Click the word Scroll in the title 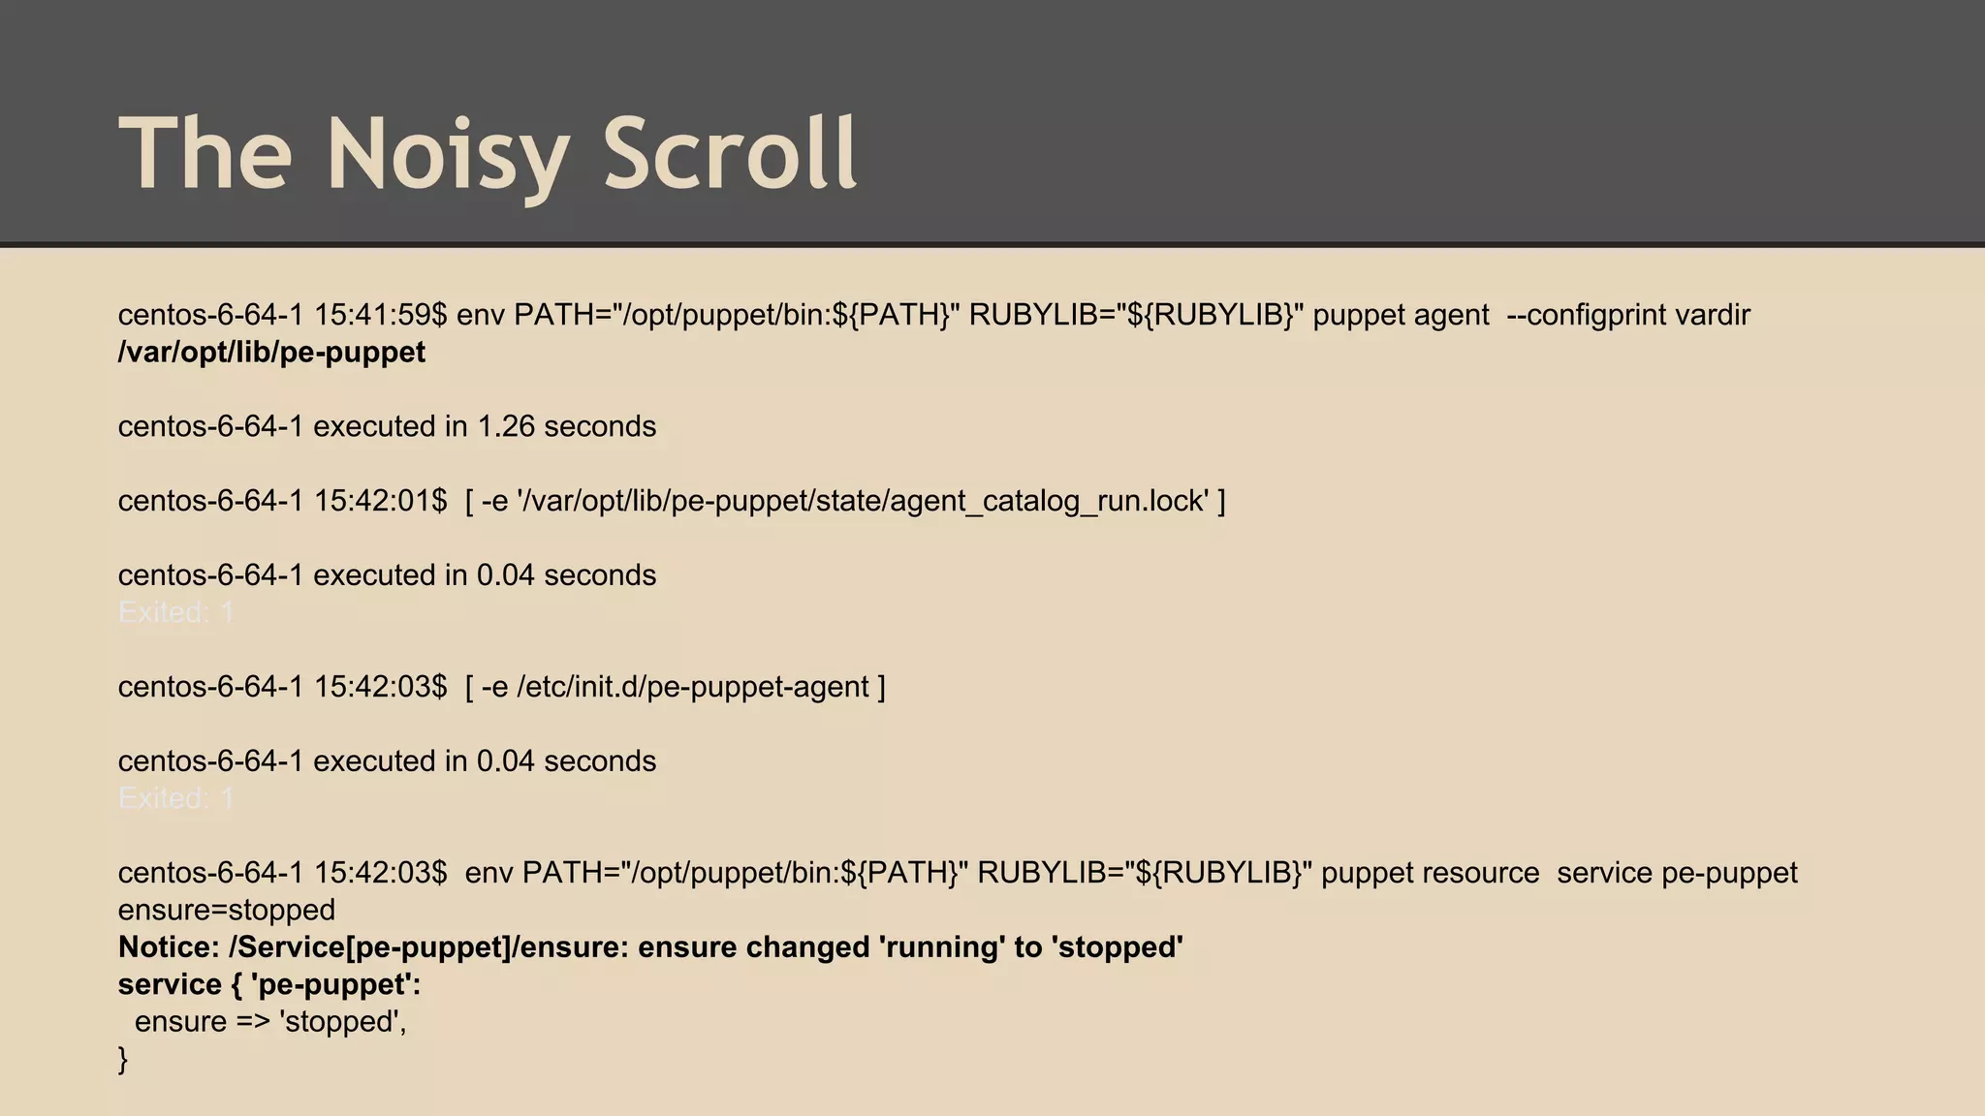point(730,153)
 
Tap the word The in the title point(205,153)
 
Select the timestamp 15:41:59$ point(380,315)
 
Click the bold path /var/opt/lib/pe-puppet point(271,353)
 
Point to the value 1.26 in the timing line point(506,426)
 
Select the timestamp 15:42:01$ point(380,501)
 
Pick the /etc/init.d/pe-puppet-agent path point(693,687)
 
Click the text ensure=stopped point(227,911)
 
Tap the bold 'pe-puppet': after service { point(335,984)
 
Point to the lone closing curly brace point(123,1059)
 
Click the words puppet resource point(1430,873)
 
